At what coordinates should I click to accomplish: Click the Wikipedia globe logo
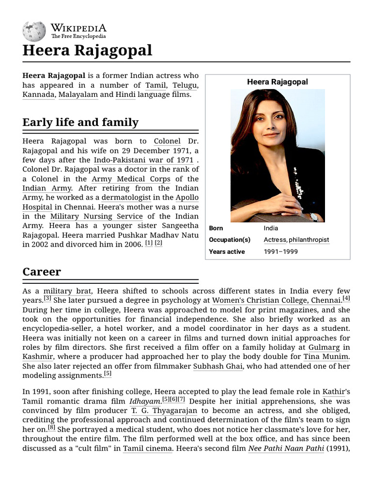pyautogui.click(x=34, y=31)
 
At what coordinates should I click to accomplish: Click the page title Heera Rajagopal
pyautogui.click(x=87, y=50)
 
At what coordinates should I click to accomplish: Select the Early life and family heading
pyautogui.click(x=80, y=123)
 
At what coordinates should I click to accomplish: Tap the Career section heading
pyautogui.click(x=42, y=272)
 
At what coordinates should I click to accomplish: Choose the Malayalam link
pyautogui.click(x=78, y=95)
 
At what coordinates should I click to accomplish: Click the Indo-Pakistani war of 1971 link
pyautogui.click(x=143, y=160)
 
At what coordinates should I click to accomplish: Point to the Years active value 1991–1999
pyautogui.click(x=281, y=252)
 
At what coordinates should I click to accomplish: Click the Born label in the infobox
pyautogui.click(x=216, y=228)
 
